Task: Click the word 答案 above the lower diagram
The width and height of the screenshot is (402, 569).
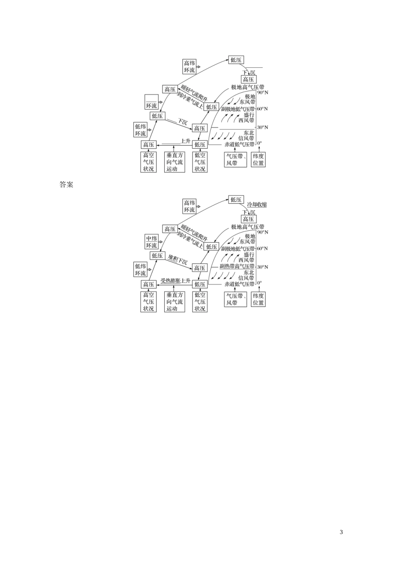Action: [66, 185]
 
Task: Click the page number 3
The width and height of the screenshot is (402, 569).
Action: [341, 532]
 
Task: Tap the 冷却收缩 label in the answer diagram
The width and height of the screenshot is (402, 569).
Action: [257, 205]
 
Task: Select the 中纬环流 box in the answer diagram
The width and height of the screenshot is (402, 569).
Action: [151, 242]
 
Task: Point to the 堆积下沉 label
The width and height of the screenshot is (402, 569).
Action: [178, 260]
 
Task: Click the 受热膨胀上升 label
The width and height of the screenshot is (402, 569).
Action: [175, 281]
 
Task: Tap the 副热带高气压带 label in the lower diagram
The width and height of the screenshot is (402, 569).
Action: [237, 266]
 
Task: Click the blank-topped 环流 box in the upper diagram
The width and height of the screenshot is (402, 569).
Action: [151, 102]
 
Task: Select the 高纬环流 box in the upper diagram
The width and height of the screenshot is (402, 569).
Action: [190, 67]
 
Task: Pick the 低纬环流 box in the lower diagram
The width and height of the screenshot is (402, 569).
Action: [140, 270]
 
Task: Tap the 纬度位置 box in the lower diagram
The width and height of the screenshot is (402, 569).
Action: [258, 299]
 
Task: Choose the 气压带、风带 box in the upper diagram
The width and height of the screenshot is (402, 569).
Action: [235, 160]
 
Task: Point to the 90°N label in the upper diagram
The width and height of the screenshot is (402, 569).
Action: [263, 92]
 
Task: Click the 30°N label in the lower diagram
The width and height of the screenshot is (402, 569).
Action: [263, 267]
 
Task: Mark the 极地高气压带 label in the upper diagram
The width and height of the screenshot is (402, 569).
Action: [248, 87]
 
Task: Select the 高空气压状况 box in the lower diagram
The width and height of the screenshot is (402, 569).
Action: [149, 302]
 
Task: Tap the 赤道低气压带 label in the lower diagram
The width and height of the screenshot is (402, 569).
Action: [240, 284]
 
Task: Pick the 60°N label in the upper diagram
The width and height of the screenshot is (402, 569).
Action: [263, 109]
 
